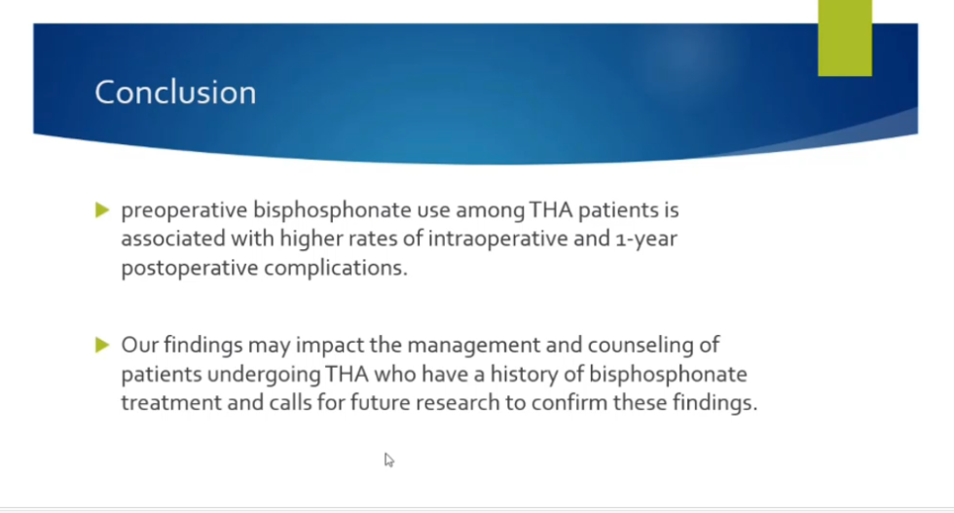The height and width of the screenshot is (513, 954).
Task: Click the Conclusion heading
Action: [x=175, y=92]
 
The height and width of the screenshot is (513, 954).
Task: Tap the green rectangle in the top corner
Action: [x=845, y=38]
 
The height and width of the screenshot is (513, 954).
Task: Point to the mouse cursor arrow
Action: [x=389, y=460]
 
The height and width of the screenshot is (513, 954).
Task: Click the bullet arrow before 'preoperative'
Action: [x=102, y=210]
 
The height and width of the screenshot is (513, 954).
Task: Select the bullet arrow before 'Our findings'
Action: [x=102, y=346]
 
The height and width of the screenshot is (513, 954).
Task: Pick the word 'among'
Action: [x=491, y=210]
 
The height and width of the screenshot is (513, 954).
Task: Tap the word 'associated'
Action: [x=173, y=238]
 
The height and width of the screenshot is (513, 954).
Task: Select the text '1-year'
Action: [x=646, y=239]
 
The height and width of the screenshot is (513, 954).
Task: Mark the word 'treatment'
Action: [x=171, y=403]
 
